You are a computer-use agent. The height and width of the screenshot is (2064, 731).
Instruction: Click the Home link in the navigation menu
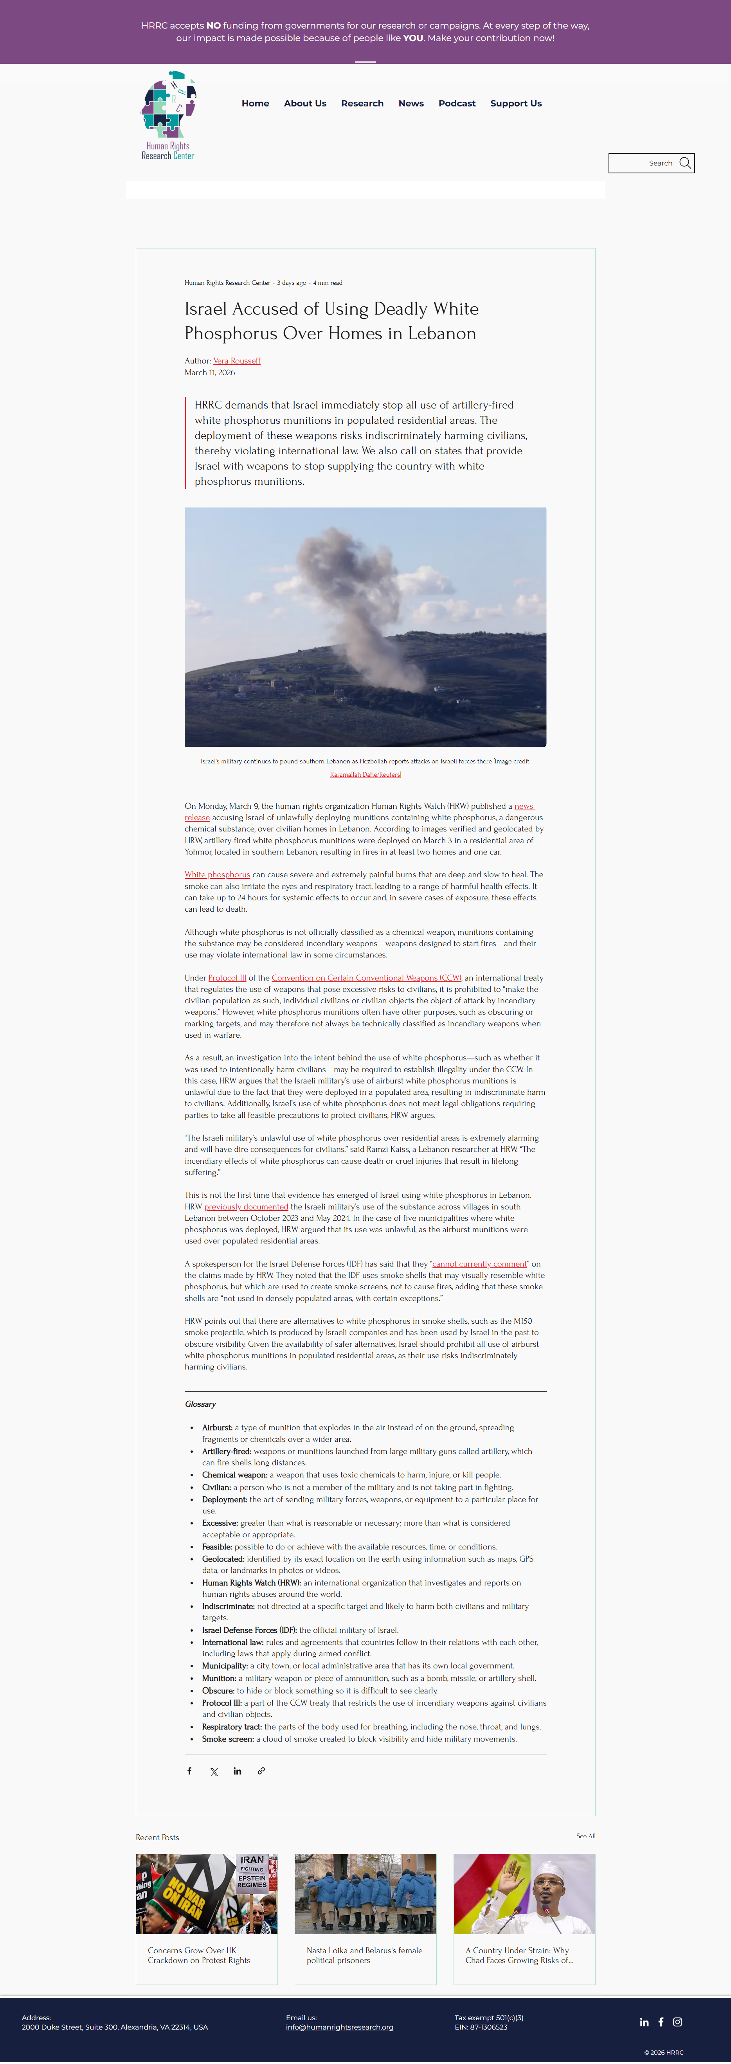tap(255, 103)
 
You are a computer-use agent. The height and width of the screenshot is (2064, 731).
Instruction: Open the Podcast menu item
tap(457, 103)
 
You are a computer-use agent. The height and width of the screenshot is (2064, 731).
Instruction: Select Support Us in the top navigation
tap(515, 103)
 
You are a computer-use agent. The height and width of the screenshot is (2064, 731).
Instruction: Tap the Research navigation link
tap(362, 103)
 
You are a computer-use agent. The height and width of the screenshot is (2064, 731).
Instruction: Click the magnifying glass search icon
tap(684, 163)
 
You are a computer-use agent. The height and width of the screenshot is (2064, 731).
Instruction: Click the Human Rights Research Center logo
tap(168, 115)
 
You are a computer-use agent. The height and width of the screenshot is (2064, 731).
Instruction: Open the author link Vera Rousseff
tap(236, 360)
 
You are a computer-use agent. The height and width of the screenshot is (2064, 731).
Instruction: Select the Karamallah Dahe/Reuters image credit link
tap(365, 774)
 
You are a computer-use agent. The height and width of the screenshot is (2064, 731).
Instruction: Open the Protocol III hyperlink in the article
tap(227, 977)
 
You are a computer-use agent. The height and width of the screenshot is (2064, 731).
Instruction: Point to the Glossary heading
tap(200, 1404)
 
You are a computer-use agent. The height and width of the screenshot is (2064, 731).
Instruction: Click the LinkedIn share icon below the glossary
tap(237, 1771)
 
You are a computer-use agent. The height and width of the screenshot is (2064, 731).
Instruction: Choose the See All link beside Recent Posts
tap(585, 1835)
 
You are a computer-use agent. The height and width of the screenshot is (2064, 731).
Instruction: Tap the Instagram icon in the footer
tap(677, 2021)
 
